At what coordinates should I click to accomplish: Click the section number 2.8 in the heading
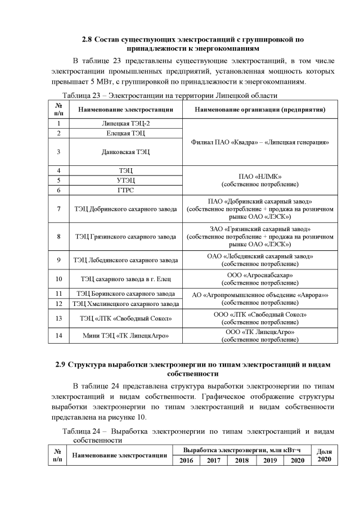click(x=87, y=39)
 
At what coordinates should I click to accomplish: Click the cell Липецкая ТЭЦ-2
click(x=125, y=123)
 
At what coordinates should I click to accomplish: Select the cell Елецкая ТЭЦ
click(x=125, y=133)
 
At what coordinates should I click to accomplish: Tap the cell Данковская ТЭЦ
click(x=125, y=151)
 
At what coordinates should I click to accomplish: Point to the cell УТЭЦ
click(x=125, y=180)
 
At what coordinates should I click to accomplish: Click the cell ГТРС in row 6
click(x=125, y=190)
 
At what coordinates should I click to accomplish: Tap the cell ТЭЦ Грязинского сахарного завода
click(x=125, y=237)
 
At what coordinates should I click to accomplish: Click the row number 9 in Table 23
click(x=58, y=260)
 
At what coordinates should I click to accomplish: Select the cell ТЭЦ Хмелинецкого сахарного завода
click(x=125, y=304)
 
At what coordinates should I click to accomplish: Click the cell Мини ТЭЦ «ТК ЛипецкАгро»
click(x=125, y=336)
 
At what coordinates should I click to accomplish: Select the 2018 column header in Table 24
click(x=241, y=461)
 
